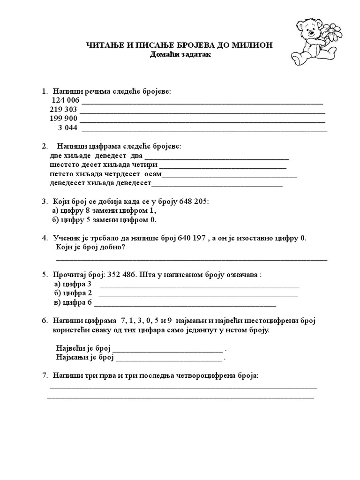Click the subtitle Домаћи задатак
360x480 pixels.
(180, 54)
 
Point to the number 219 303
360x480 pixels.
(63, 109)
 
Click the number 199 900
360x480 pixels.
(63, 118)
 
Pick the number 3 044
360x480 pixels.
(67, 127)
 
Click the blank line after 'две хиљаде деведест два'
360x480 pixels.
(217, 157)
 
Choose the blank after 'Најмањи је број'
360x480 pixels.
(169, 358)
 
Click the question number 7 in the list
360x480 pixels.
(45, 376)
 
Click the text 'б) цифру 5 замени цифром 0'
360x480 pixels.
(104, 219)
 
